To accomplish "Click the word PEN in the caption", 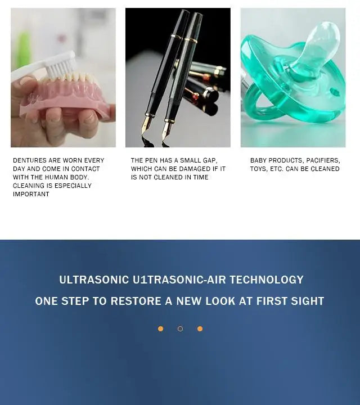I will [x=155, y=160].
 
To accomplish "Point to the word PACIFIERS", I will [x=323, y=160].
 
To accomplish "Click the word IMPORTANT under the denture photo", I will [x=31, y=194].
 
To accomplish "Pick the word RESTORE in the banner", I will [x=136, y=301].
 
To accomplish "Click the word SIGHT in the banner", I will [x=307, y=301].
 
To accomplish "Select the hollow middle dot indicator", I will [x=180, y=328].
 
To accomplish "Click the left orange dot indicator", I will [x=160, y=328].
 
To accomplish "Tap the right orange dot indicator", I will [x=200, y=328].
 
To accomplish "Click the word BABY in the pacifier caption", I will [x=259, y=160].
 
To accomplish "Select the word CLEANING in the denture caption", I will [x=28, y=186].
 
